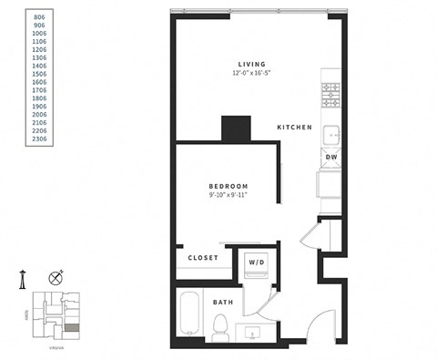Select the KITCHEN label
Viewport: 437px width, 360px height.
[x=295, y=128]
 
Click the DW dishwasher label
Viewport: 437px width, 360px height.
[x=331, y=157]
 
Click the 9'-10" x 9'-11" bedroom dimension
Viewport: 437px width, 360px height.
[x=229, y=194]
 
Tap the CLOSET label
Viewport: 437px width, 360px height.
[x=203, y=258]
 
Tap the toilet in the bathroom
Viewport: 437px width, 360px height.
[x=219, y=328]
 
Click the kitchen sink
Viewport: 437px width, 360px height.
[x=331, y=133]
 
